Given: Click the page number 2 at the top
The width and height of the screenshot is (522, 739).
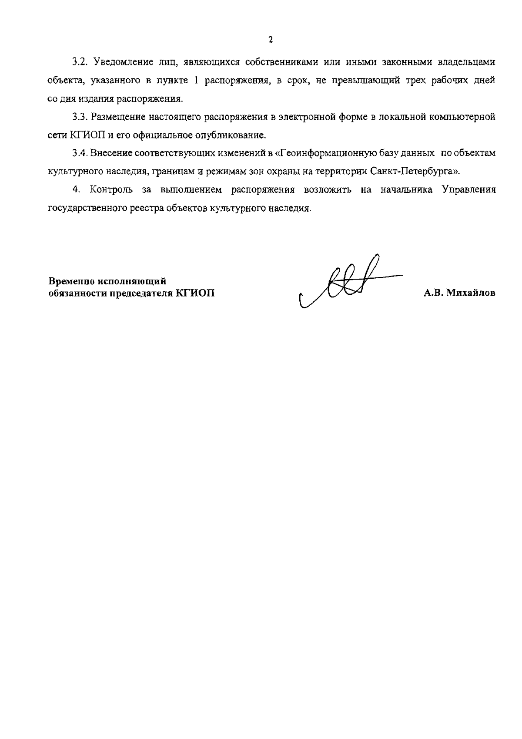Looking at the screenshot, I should (271, 40).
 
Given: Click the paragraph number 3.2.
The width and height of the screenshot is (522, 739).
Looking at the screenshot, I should (80, 62).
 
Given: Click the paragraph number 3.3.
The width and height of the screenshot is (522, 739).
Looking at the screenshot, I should (80, 117).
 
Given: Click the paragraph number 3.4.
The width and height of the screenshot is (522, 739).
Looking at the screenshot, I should (80, 153).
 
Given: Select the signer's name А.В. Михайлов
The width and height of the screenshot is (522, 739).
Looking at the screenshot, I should (459, 293).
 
